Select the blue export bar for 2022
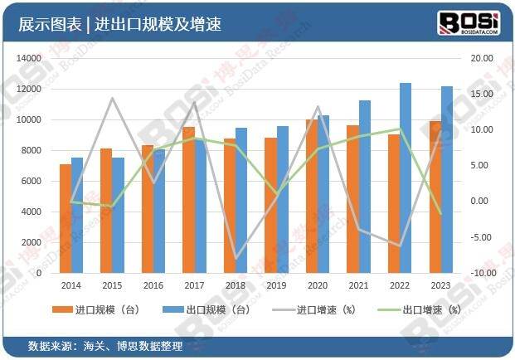click(406, 178)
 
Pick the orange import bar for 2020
click(311, 196)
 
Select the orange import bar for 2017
click(188, 200)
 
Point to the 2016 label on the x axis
click(153, 285)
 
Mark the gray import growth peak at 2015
click(112, 99)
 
